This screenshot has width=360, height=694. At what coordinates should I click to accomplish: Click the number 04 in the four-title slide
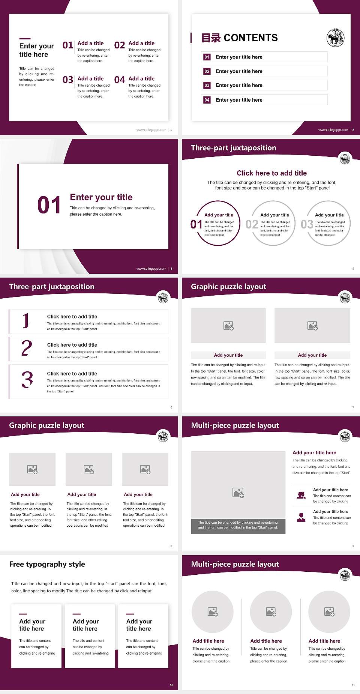[119, 80]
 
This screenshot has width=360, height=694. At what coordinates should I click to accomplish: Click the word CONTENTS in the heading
[250, 38]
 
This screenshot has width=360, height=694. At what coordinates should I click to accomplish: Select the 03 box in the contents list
[207, 86]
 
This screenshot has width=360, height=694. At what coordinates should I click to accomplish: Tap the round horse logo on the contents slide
[335, 38]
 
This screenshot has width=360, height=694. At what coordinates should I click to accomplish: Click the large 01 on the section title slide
[49, 205]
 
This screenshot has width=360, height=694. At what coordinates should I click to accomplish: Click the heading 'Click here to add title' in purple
[271, 173]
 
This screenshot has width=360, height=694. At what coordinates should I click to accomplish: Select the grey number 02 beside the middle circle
[252, 224]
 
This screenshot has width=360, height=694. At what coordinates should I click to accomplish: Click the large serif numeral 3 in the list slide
[27, 380]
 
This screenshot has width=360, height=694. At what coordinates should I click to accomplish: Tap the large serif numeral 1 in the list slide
[25, 321]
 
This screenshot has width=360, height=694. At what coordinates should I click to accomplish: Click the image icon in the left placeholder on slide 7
[228, 326]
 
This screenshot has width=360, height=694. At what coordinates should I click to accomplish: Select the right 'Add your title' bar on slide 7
[312, 355]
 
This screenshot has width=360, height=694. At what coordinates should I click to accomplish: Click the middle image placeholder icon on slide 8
[89, 469]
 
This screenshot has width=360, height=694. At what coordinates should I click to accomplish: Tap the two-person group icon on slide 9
[301, 495]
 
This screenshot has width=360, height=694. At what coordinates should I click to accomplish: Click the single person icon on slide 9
[301, 517]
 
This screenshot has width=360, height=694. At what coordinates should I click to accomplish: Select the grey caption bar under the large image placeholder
[238, 525]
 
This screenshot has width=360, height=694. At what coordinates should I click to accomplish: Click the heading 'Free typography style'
[47, 564]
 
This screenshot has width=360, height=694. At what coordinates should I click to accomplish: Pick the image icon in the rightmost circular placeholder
[329, 612]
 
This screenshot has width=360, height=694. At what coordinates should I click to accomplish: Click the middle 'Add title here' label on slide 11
[266, 641]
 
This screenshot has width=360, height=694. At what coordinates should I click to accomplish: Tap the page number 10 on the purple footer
[171, 685]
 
